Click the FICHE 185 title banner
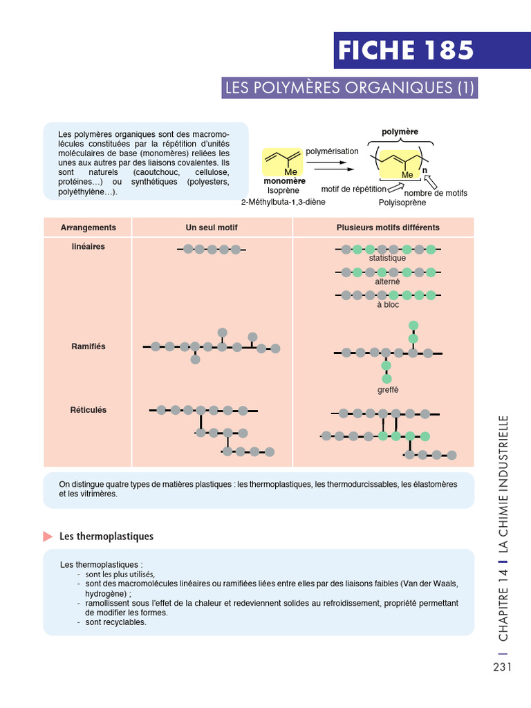click(x=406, y=50)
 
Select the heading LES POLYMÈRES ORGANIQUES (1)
click(x=351, y=88)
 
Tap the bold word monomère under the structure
click(x=285, y=181)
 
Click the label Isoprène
click(x=283, y=191)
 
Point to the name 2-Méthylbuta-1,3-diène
click(x=283, y=202)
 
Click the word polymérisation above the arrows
click(x=332, y=151)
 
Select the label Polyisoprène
click(x=402, y=203)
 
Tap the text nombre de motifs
click(x=436, y=193)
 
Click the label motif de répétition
click(x=353, y=188)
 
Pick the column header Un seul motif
click(x=212, y=227)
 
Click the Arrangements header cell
click(x=88, y=227)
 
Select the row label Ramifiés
click(x=88, y=346)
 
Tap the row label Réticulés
click(x=88, y=410)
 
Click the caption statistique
click(x=387, y=258)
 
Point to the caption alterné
click(x=387, y=281)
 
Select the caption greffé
click(x=387, y=390)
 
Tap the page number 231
click(x=502, y=667)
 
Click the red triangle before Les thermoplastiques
click(x=48, y=537)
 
